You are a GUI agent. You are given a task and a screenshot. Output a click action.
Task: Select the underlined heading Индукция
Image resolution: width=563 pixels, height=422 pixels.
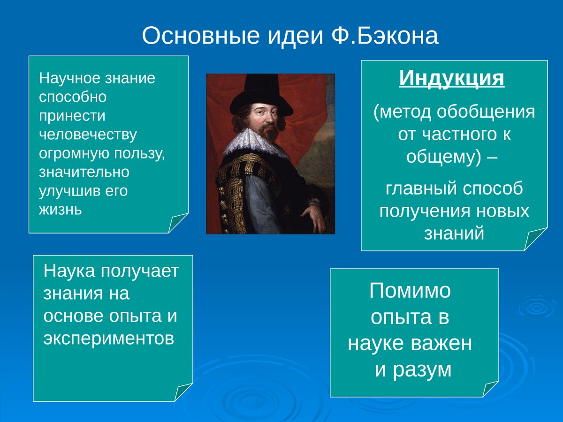[452, 78]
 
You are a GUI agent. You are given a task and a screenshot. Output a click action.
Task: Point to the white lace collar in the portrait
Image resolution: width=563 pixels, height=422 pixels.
[253, 141]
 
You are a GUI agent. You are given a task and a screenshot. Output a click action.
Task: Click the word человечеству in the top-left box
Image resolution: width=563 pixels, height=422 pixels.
[88, 135]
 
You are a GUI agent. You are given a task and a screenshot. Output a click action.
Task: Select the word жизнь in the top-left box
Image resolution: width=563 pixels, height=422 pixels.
[61, 210]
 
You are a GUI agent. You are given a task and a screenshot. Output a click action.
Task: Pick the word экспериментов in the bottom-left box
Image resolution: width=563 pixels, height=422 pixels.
[109, 338]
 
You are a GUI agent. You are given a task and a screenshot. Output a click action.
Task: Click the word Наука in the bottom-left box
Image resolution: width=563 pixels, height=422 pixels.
[69, 271]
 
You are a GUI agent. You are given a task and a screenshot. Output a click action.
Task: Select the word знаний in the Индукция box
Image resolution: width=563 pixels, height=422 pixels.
[454, 233]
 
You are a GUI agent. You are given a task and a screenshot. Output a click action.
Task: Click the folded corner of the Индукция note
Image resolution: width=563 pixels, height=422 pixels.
[534, 240]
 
